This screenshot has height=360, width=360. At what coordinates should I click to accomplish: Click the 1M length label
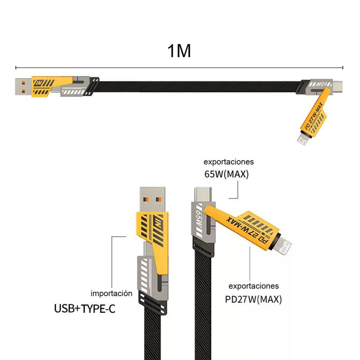(179, 51)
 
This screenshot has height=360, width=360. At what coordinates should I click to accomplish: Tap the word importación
(111, 293)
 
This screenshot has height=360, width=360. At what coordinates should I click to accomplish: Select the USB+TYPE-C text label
(85, 309)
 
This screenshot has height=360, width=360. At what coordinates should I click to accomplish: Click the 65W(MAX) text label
(226, 174)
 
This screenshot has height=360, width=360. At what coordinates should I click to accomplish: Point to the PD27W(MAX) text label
(253, 299)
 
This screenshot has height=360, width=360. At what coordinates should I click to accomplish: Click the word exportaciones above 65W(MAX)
(229, 162)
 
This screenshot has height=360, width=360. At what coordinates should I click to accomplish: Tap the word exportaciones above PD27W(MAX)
(254, 286)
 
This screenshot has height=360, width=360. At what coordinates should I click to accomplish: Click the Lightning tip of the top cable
(302, 140)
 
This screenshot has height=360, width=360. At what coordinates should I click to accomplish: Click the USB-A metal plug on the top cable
(23, 87)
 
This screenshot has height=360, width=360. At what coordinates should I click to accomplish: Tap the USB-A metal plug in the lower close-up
(152, 199)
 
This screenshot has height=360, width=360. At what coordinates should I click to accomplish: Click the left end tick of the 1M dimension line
(16, 67)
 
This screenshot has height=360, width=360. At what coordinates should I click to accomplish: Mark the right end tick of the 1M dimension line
(342, 67)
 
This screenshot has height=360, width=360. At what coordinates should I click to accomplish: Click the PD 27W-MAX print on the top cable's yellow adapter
(314, 117)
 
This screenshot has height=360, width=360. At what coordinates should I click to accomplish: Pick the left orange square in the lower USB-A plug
(146, 199)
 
